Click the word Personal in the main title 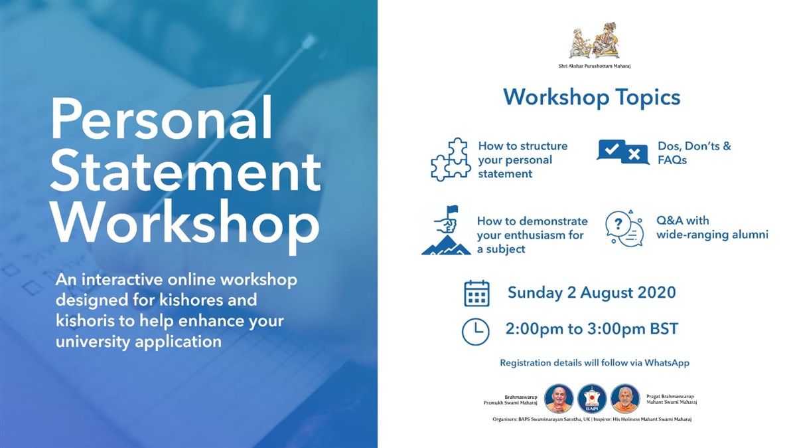click(162, 118)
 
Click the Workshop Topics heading click(592, 98)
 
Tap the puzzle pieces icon click(450, 160)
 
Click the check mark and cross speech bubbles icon click(622, 152)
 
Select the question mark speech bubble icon click(624, 229)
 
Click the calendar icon click(476, 293)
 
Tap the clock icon click(476, 332)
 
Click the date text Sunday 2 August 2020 click(592, 292)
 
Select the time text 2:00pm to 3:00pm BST click(592, 329)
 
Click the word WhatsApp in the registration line click(667, 363)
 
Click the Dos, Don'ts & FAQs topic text click(694, 153)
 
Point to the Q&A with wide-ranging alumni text click(712, 227)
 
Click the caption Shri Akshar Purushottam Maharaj click(594, 66)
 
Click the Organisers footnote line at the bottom click(592, 419)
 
